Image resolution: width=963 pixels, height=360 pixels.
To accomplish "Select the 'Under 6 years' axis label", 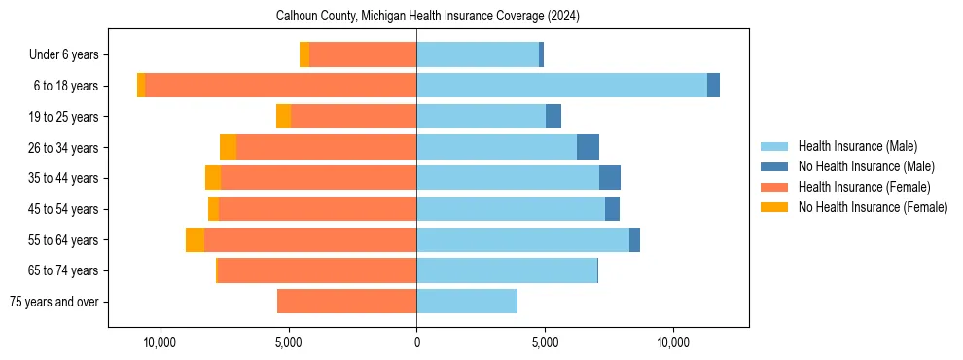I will pyautogui.click(x=63, y=55).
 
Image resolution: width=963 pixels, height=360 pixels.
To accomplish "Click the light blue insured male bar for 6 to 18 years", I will pyautogui.click(x=561, y=86).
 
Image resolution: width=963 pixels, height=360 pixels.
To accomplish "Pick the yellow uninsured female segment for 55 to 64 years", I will pyautogui.click(x=195, y=239).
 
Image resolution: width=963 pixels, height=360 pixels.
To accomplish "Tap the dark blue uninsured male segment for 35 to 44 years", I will pyautogui.click(x=610, y=178).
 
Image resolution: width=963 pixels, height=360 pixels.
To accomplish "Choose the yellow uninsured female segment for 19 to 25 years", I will pyautogui.click(x=283, y=117).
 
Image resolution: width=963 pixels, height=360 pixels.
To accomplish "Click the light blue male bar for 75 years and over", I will pyautogui.click(x=466, y=302).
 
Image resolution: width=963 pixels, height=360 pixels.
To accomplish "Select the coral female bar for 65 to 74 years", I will pyautogui.click(x=316, y=270).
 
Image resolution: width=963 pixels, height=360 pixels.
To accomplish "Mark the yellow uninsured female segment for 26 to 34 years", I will pyautogui.click(x=228, y=147).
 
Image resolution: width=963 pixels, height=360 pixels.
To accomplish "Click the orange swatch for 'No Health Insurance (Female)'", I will pyautogui.click(x=774, y=207).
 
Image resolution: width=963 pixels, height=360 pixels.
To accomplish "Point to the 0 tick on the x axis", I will pyautogui.click(x=416, y=343).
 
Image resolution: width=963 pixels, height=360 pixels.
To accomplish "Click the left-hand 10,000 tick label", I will pyautogui.click(x=159, y=343).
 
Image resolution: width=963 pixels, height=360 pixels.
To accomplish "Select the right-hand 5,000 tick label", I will pyautogui.click(x=545, y=343).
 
